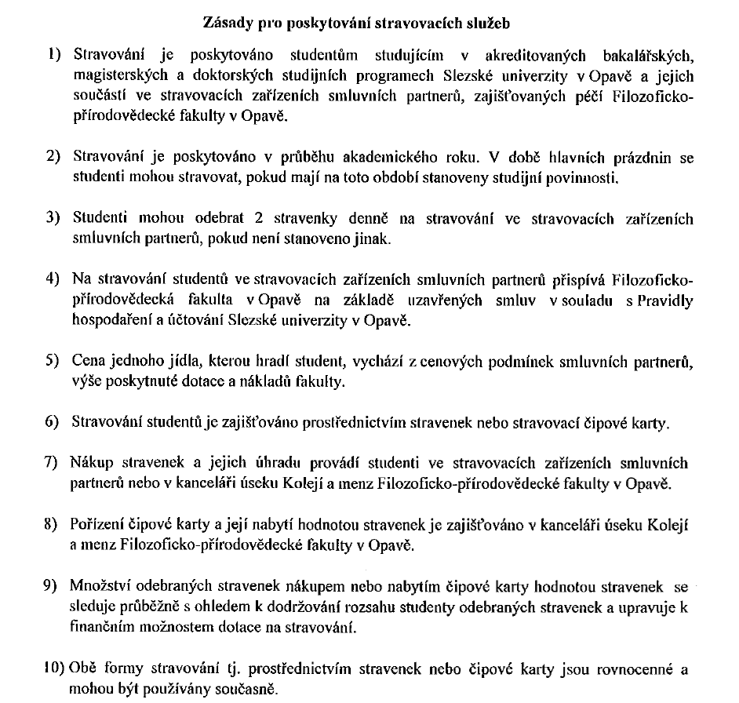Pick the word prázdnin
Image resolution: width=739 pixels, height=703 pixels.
(x=643, y=158)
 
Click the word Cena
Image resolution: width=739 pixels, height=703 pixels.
(x=88, y=362)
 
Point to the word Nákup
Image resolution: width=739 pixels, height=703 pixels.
(x=92, y=463)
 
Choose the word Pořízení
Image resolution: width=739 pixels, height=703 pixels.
(x=98, y=524)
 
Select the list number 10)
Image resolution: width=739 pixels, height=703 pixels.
(x=53, y=669)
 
